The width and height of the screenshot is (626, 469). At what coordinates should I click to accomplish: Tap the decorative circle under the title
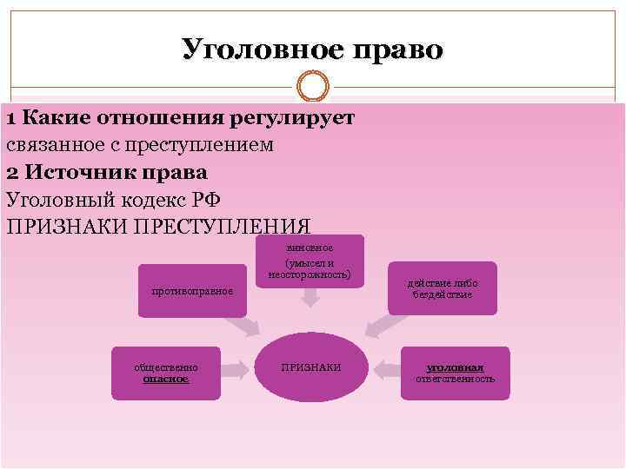click(312, 88)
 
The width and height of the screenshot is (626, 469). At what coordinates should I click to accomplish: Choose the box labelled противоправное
click(192, 289)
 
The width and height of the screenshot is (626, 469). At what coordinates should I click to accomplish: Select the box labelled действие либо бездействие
click(442, 288)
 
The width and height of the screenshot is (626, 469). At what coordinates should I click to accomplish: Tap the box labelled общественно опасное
click(166, 373)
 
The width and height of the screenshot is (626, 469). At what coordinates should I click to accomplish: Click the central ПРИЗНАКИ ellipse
click(311, 368)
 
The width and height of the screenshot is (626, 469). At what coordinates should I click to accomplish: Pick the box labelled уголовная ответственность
click(455, 373)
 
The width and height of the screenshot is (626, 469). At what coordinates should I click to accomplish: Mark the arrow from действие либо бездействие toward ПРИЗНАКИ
click(382, 324)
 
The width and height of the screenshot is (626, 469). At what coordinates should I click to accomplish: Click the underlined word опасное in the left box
click(166, 380)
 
